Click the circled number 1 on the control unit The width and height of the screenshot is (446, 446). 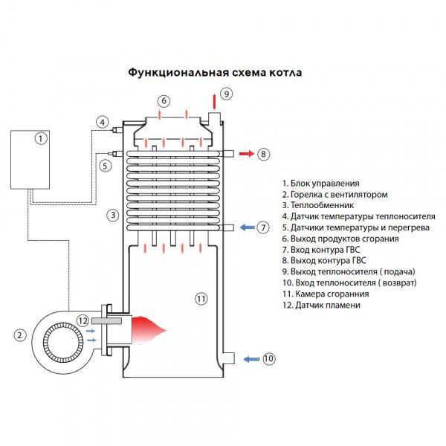(42, 138)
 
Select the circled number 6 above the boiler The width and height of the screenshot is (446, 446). (164, 101)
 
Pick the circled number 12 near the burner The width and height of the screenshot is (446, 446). (83, 320)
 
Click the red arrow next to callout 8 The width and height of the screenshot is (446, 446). (244, 154)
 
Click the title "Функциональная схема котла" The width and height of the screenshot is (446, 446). (216, 74)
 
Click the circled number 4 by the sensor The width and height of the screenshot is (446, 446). (103, 122)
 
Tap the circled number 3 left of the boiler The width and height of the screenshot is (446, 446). (112, 216)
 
